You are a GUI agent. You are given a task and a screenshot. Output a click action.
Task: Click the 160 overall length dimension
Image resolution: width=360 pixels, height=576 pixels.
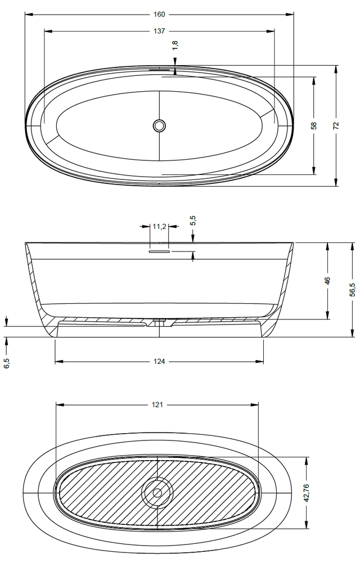(x=159, y=14)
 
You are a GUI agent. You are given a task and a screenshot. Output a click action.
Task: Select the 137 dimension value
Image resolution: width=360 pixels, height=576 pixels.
(x=159, y=31)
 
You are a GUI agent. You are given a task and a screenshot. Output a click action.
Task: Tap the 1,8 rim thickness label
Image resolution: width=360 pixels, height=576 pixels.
(x=175, y=45)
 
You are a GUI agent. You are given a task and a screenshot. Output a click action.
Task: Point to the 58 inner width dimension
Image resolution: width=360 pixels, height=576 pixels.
(x=314, y=125)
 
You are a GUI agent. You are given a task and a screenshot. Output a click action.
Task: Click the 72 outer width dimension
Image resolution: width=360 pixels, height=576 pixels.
(x=336, y=125)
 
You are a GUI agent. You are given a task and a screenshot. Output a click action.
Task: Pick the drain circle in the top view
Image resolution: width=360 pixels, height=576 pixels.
(x=159, y=125)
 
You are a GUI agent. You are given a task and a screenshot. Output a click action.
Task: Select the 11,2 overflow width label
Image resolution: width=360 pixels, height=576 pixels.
(x=159, y=226)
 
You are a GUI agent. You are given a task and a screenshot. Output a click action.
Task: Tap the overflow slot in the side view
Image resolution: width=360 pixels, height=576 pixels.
(x=159, y=251)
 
